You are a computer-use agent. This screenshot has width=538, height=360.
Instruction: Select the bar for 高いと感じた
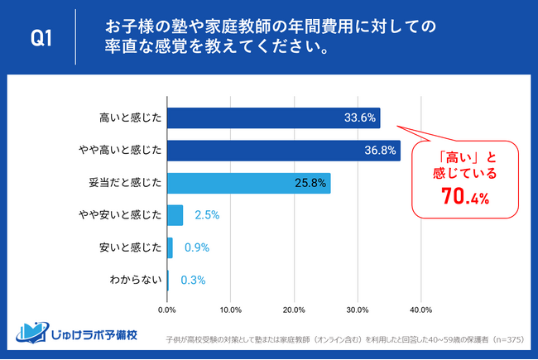click(x=273, y=118)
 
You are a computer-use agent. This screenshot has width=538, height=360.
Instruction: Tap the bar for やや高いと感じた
click(x=283, y=150)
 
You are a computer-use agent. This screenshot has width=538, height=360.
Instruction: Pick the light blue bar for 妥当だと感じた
click(x=248, y=183)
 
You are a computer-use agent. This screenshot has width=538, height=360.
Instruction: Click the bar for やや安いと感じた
click(x=175, y=215)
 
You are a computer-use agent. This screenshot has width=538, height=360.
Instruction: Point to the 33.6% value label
click(x=359, y=118)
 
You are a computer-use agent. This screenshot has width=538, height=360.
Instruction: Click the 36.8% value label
click(x=380, y=150)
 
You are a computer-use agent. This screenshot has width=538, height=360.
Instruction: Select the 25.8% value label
click(x=310, y=183)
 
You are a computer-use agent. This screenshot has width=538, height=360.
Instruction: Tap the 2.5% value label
click(x=206, y=215)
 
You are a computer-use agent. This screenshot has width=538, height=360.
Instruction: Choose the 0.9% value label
click(x=196, y=247)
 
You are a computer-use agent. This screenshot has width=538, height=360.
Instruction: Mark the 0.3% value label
click(x=192, y=280)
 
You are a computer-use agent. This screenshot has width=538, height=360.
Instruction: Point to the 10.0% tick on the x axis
click(x=230, y=310)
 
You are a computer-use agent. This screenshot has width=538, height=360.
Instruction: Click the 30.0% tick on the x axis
click(x=358, y=310)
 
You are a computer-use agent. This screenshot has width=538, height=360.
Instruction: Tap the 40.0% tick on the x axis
click(x=421, y=310)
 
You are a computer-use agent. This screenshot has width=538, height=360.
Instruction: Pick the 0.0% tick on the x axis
click(x=167, y=310)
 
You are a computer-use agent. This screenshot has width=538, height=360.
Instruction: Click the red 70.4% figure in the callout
click(x=464, y=199)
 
